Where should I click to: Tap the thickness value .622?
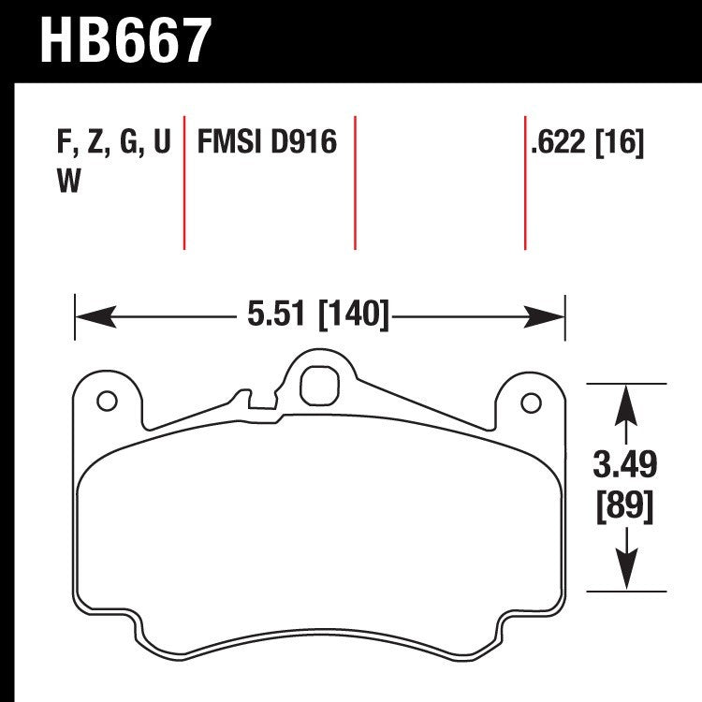(558, 144)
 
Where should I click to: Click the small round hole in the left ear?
(105, 402)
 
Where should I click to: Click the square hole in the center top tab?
(318, 382)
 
